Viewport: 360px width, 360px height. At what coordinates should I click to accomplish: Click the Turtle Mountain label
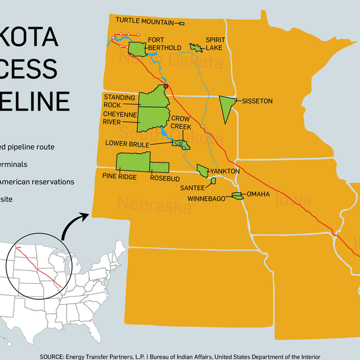click(145, 20)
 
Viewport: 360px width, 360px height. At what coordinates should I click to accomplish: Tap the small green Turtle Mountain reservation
click(182, 23)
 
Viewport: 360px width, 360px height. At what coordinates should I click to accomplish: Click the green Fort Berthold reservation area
click(137, 47)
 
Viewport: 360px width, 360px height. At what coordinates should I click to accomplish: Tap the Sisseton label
click(257, 101)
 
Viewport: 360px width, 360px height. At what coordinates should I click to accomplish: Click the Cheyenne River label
click(119, 118)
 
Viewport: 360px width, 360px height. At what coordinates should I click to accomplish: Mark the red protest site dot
click(166, 86)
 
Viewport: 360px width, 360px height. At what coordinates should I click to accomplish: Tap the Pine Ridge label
click(119, 177)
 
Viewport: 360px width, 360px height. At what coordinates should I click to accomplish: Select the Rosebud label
click(165, 177)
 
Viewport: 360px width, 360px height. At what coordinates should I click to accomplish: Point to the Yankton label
click(224, 171)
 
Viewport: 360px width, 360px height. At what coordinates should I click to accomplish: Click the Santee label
click(193, 187)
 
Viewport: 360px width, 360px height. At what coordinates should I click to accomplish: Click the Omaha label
click(258, 194)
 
